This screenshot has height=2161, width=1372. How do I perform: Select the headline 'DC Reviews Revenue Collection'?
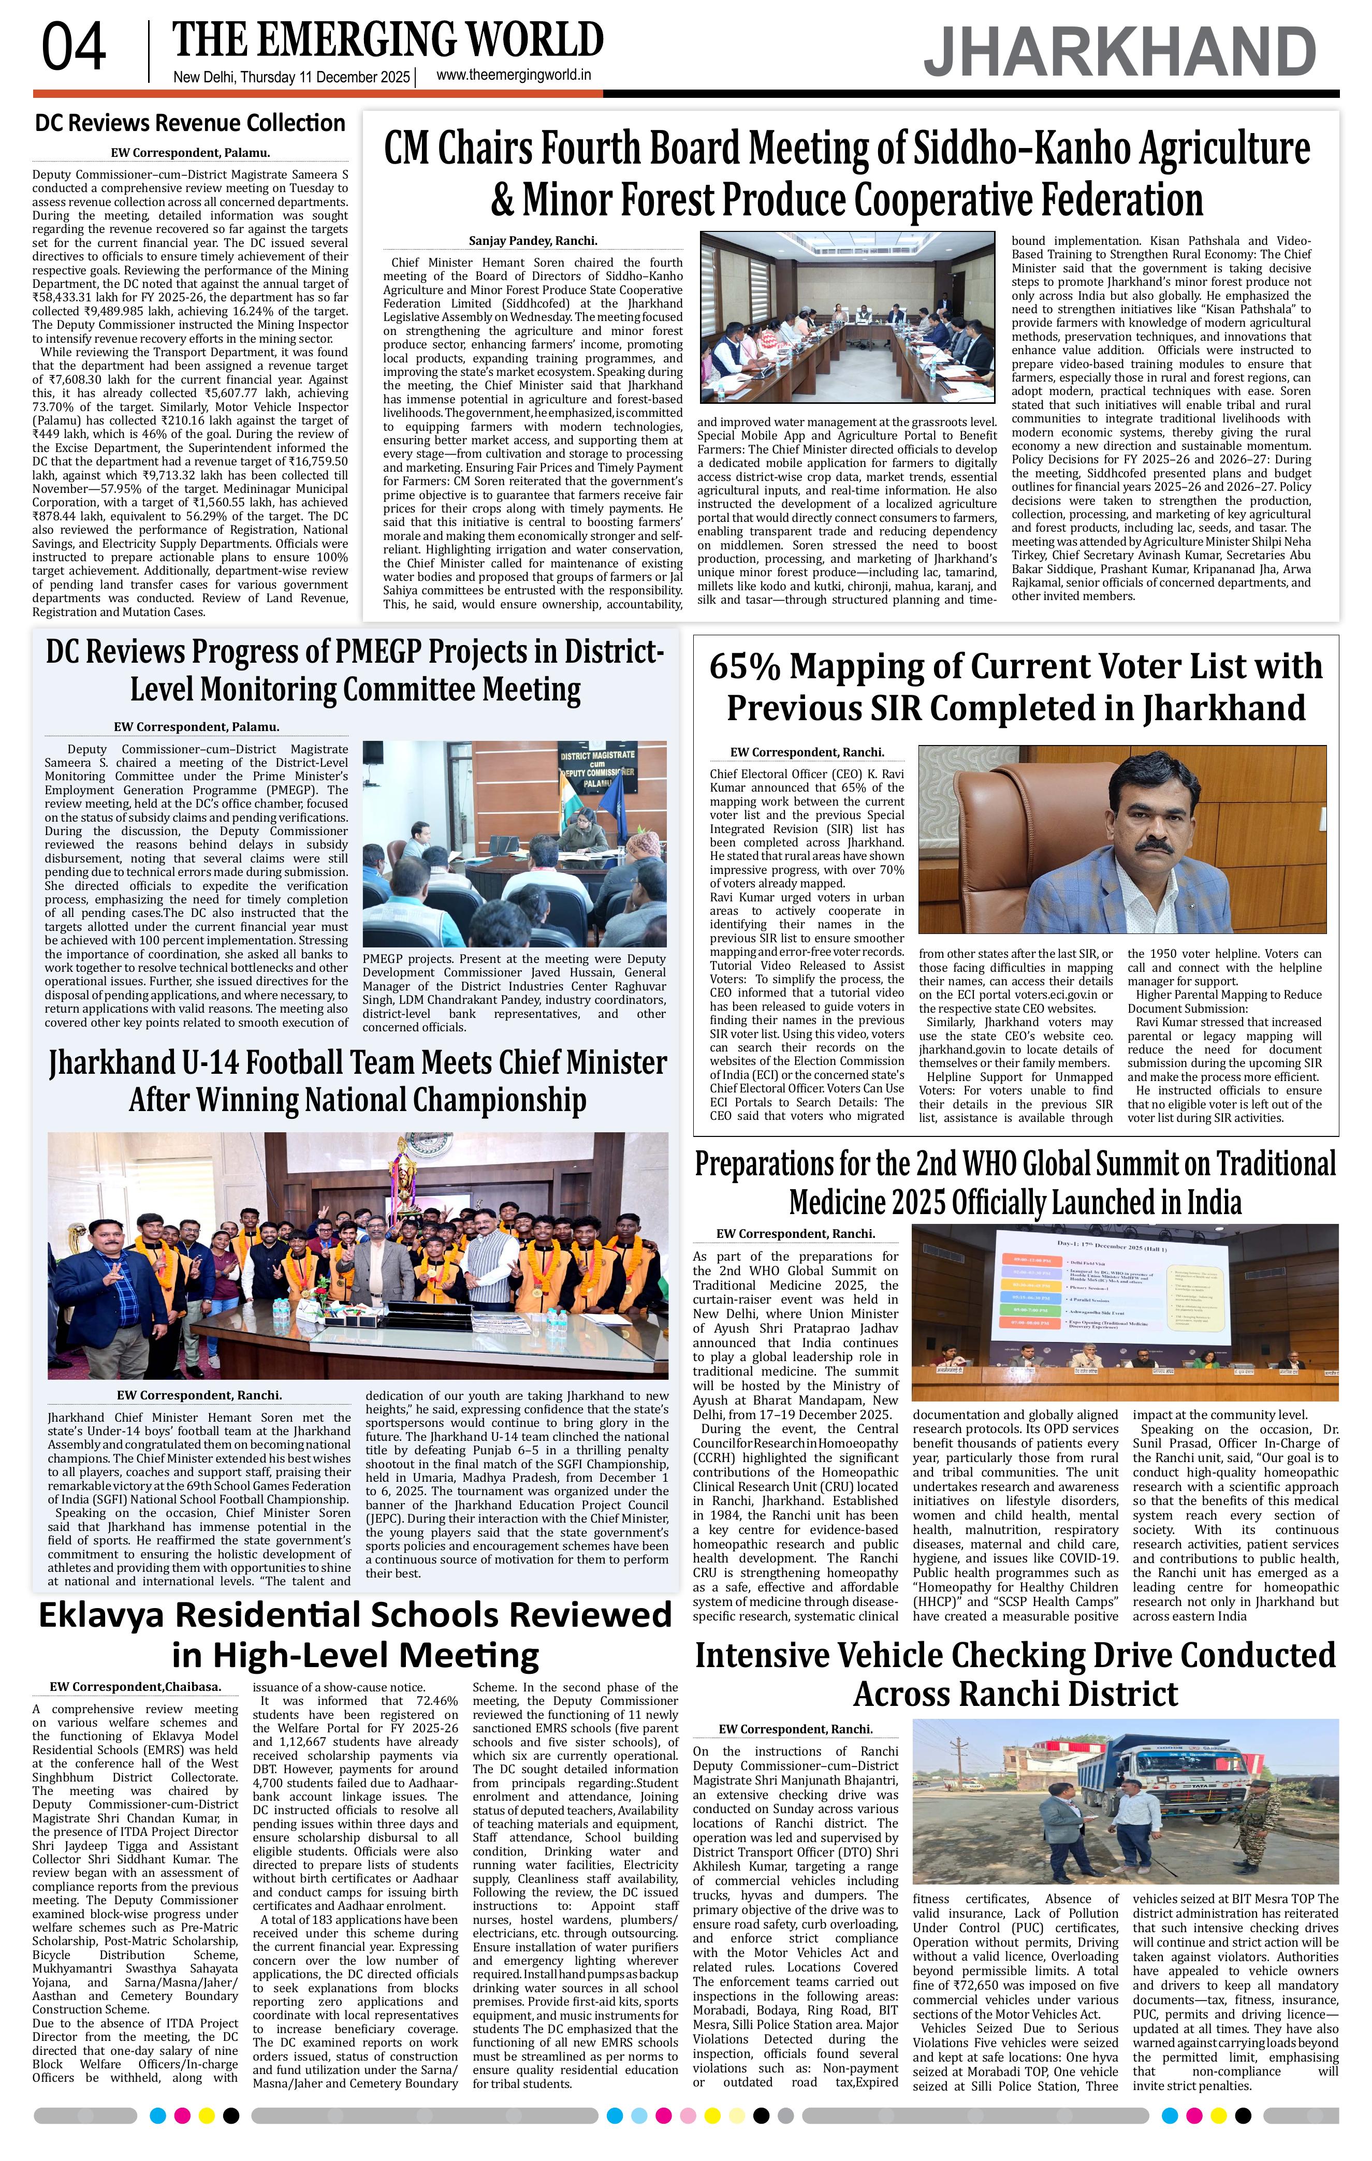[189, 123]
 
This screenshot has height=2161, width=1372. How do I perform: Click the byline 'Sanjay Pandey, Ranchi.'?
[532, 241]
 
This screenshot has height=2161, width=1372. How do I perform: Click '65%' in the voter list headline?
[746, 667]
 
